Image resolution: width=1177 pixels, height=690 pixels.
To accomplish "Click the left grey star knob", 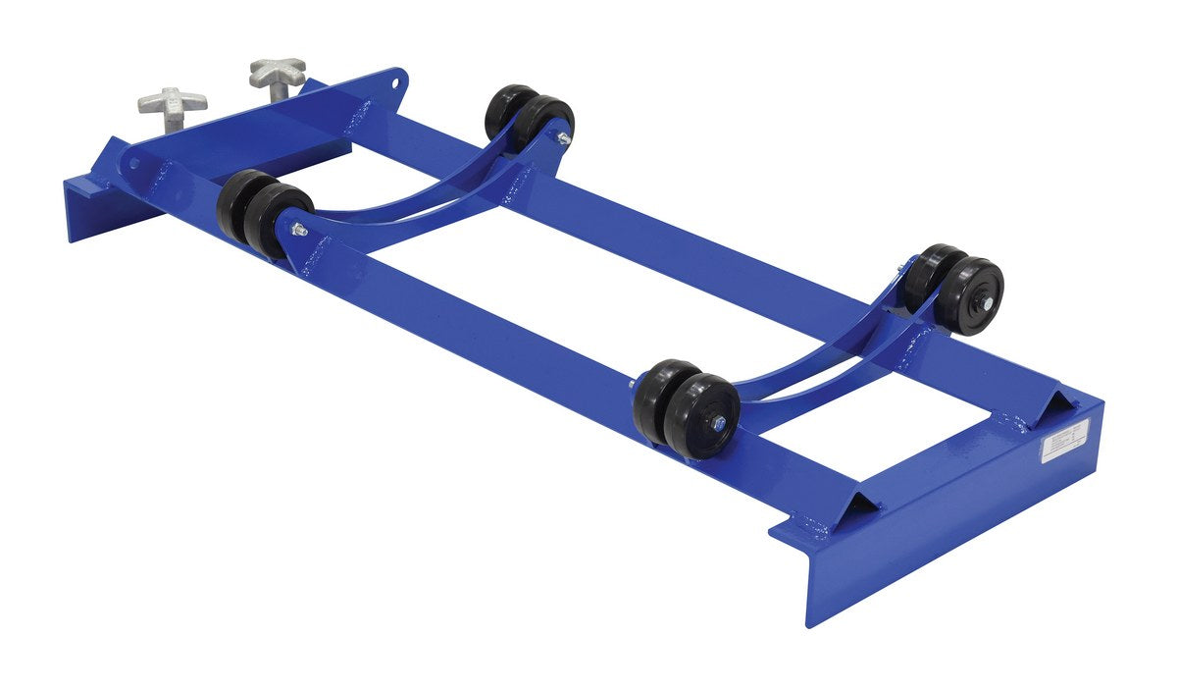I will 172,100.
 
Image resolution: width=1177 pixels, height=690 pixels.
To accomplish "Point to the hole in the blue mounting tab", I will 396,82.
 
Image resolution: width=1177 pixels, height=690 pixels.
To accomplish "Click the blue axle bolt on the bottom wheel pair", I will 719,423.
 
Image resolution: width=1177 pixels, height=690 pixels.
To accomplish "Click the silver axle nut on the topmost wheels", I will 564,139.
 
